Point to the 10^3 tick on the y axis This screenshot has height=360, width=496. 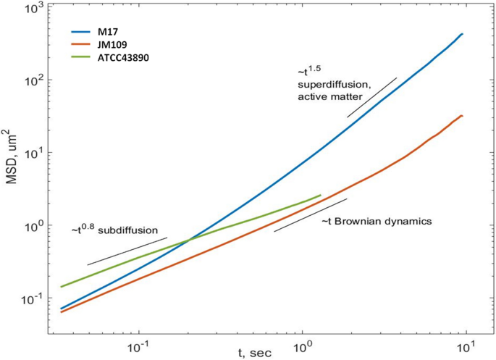pos(35,9)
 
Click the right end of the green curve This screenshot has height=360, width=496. pos(320,196)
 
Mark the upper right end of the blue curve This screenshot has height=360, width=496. pos(462,34)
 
